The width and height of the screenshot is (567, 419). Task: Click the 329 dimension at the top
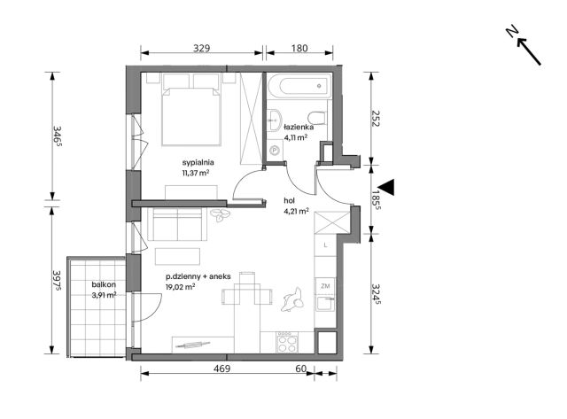pos(201,48)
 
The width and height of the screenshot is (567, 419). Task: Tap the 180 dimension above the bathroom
pos(299,48)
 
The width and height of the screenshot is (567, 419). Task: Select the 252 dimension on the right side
pos(375,118)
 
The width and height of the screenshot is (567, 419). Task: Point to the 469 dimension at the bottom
pos(221,369)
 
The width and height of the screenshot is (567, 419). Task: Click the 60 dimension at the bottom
pos(301,369)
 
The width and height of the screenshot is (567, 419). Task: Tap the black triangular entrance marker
pos(386,187)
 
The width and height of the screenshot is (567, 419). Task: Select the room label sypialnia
pos(198,162)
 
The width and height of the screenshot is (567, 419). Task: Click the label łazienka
pos(299,128)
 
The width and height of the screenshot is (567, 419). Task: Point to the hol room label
pos(290,201)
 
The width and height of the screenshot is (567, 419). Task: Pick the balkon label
pos(104,284)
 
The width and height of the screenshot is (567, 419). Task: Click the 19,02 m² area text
pos(181,287)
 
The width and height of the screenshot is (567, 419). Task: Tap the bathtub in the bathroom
pos(299,86)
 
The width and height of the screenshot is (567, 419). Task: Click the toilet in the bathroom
pos(317,118)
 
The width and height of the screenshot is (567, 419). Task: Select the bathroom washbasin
pos(275,119)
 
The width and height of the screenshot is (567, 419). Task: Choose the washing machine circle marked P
pos(276,150)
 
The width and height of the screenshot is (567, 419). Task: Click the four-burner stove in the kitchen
pos(287,343)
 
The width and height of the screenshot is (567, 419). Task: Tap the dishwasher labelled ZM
pos(325,286)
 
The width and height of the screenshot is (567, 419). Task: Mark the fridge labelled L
pos(325,245)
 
